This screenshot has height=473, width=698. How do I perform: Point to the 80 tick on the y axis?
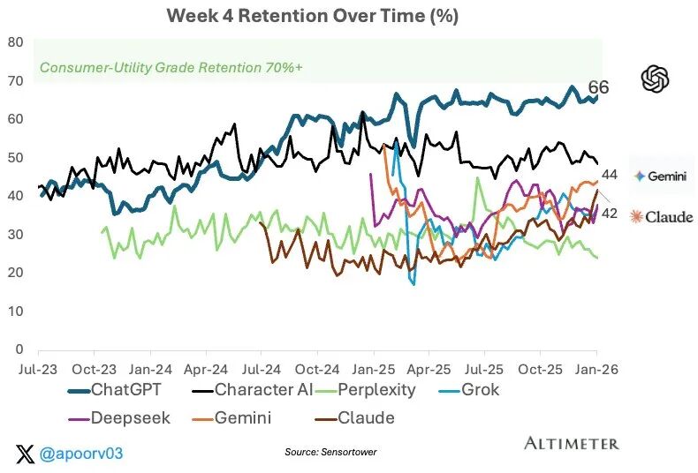[15, 41]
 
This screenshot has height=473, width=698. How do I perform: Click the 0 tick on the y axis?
[19, 349]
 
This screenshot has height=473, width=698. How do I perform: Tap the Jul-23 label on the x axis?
[38, 369]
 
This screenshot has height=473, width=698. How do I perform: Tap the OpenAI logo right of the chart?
[655, 79]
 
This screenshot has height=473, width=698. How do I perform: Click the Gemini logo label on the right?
[663, 176]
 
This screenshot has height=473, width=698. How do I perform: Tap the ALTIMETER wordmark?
[572, 443]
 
